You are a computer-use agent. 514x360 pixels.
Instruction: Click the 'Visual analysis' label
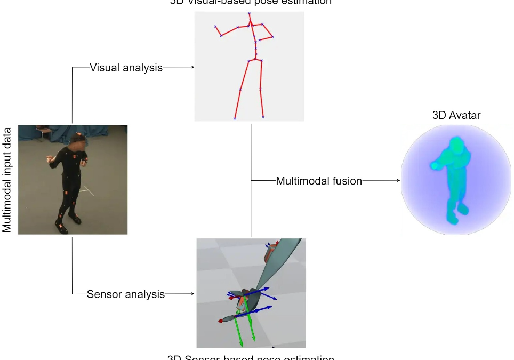126,68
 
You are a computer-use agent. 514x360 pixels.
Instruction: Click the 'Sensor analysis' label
126,294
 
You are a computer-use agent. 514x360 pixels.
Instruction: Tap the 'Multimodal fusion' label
319,181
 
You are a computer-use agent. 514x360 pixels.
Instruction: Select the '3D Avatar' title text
456,115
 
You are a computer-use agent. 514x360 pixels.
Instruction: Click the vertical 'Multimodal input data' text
7,180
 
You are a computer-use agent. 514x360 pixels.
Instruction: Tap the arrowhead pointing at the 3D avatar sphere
398,181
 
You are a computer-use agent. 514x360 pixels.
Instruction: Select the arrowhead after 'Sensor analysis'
193,294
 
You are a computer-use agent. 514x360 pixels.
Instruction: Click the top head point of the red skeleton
249,13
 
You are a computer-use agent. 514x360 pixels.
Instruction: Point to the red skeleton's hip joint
255,60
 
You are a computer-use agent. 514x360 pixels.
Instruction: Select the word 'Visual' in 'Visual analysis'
105,68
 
